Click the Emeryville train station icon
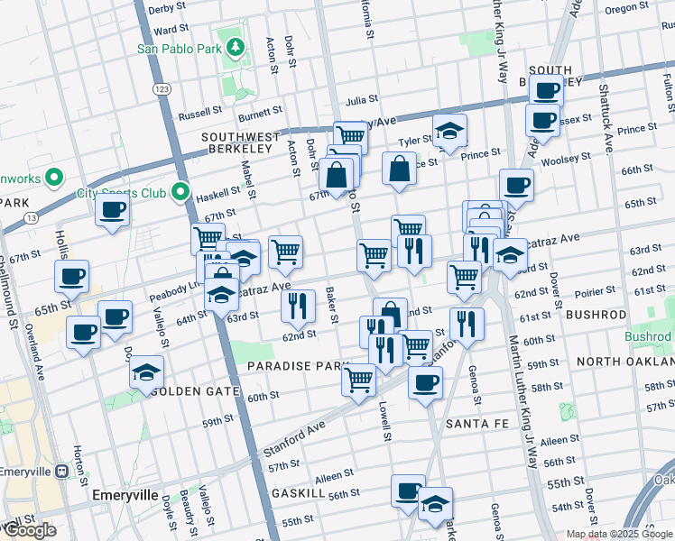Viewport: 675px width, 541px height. click(x=61, y=471)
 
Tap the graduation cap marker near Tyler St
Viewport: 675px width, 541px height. click(x=449, y=132)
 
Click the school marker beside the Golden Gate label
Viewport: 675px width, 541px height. click(x=146, y=372)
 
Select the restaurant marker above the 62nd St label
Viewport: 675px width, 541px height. click(x=298, y=307)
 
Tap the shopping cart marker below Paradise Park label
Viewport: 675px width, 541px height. click(x=359, y=380)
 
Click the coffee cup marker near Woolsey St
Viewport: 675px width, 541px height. click(x=516, y=186)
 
